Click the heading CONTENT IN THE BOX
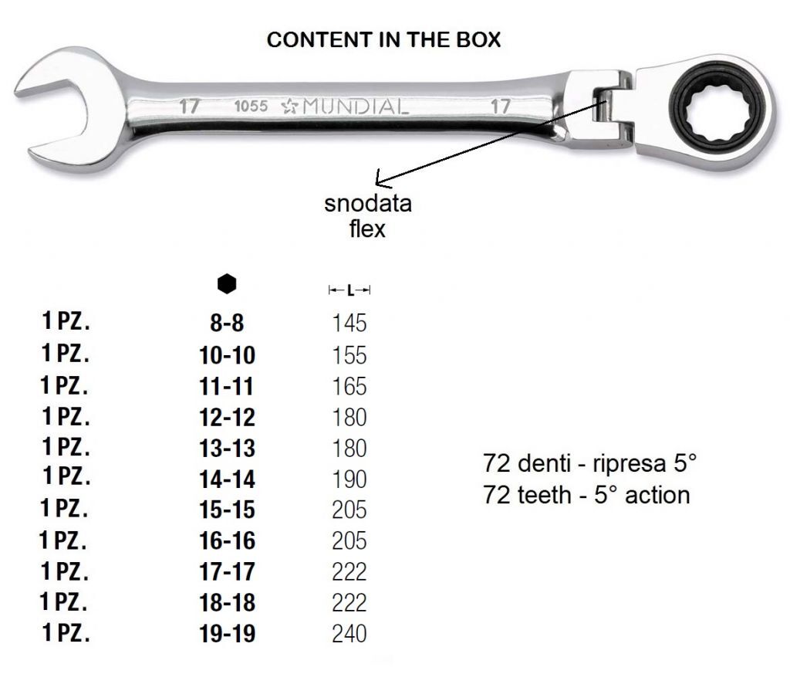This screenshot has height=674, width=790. coord(383,40)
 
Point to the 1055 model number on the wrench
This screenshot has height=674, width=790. coord(251,106)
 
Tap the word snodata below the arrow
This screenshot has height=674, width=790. coord(368,204)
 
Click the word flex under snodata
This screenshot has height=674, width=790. coord(367,229)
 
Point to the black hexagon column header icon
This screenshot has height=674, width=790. coord(227,284)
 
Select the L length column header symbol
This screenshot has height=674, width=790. coord(349,290)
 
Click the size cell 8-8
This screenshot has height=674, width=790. coord(227,323)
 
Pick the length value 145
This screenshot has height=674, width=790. coord(349,323)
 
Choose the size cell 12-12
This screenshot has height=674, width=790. coord(228,418)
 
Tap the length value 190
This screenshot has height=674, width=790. coord(349,479)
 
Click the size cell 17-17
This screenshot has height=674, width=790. coord(228,571)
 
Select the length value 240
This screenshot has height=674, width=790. coord(349,634)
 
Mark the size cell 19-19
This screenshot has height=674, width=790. coord(228,634)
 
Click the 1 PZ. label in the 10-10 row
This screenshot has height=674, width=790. coord(66,353)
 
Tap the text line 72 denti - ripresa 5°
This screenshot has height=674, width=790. coord(589,462)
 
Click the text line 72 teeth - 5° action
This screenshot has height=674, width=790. coord(586,495)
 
